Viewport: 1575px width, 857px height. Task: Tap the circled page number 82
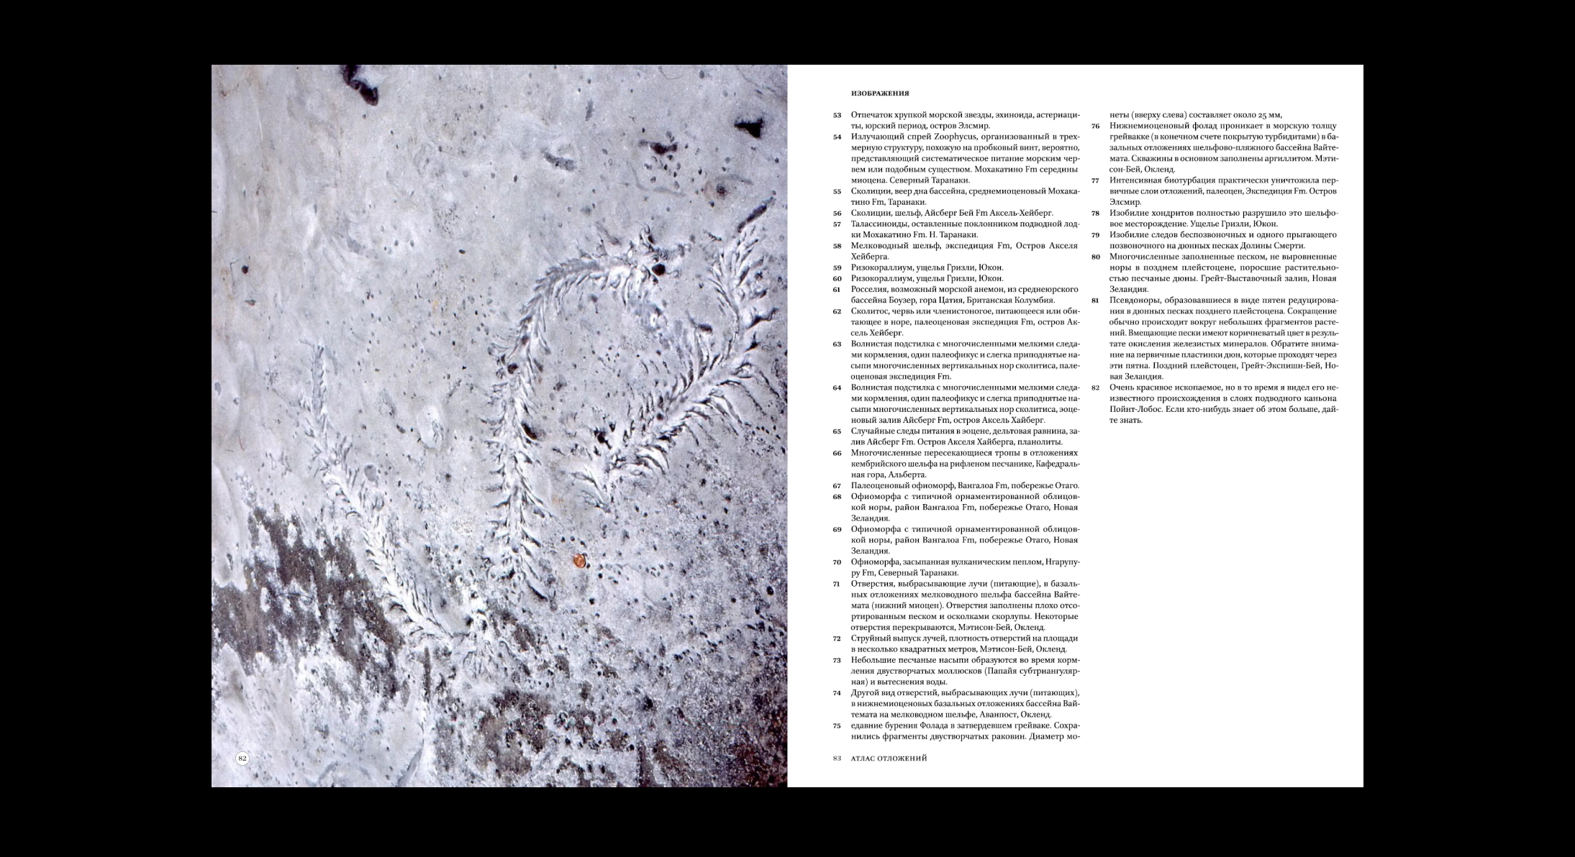click(x=242, y=758)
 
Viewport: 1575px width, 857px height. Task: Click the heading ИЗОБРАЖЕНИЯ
click(x=880, y=93)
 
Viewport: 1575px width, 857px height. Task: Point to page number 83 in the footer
click(x=838, y=758)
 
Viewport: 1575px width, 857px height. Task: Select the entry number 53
click(x=838, y=115)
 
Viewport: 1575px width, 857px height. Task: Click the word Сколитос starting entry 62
click(x=869, y=311)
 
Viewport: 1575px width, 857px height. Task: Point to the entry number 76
click(x=1096, y=126)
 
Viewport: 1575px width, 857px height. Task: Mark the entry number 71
click(x=838, y=584)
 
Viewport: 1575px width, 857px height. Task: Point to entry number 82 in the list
click(x=1096, y=388)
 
